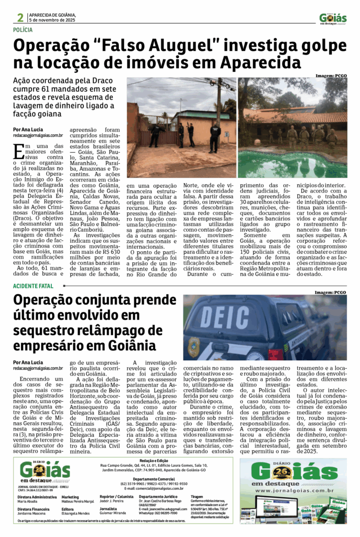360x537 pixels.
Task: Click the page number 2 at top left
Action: click(x=20, y=17)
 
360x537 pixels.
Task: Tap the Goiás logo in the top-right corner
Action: click(x=333, y=18)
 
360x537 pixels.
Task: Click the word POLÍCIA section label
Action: click(x=26, y=30)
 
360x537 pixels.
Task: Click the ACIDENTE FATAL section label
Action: click(x=34, y=286)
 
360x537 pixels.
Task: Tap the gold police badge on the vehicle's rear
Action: click(x=194, y=347)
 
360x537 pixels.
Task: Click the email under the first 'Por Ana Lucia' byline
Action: click(x=38, y=135)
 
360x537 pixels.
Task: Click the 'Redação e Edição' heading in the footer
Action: click(x=149, y=460)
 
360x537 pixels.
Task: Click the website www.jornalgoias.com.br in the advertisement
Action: click(x=293, y=490)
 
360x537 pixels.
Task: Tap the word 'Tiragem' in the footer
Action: click(x=197, y=496)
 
